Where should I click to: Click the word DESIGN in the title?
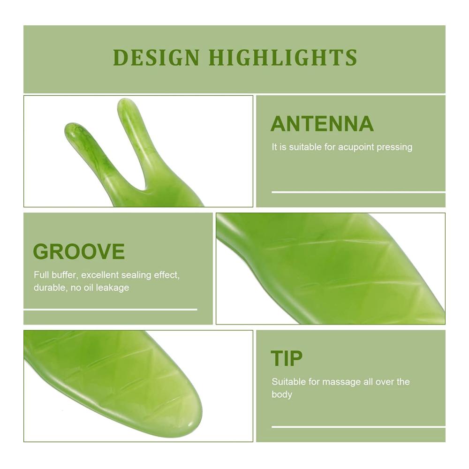156,57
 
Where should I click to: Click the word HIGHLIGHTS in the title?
283,57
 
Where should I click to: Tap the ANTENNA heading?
322,123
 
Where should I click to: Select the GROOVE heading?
79,251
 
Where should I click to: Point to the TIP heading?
287,358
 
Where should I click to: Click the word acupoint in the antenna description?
356,147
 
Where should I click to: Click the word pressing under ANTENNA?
394,147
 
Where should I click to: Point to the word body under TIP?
282,394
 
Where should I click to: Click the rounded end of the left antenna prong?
71,127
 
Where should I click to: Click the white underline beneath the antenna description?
358,192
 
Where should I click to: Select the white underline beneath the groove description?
110,310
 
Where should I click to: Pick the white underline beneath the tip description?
358,427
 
